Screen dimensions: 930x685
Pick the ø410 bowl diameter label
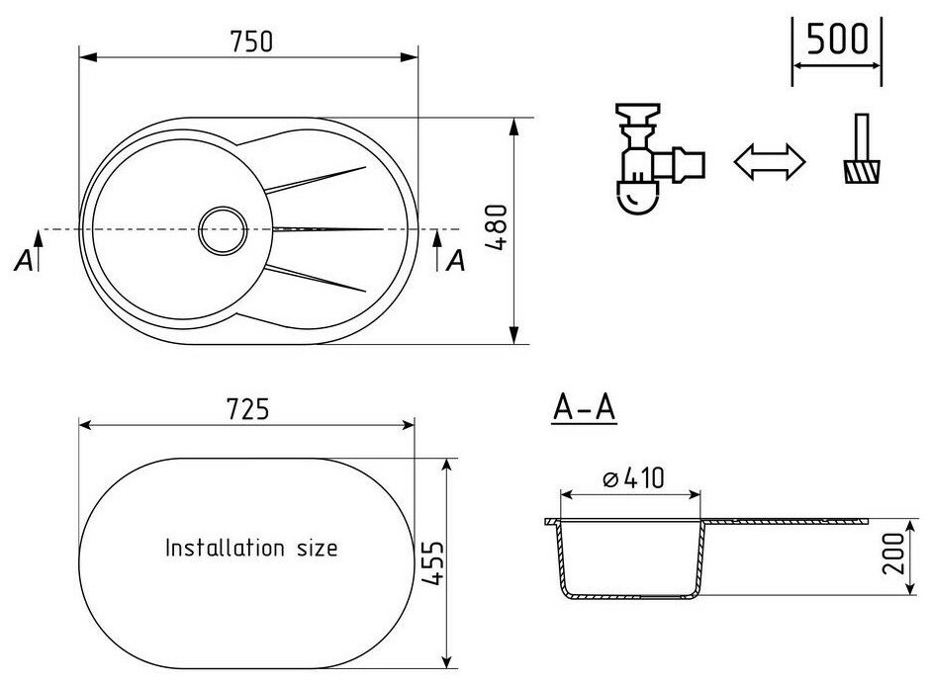point(632,478)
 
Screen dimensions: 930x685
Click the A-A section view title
point(582,409)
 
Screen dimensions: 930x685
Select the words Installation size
point(250,547)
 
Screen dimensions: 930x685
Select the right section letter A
point(455,261)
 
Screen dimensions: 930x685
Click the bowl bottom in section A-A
point(630,595)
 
